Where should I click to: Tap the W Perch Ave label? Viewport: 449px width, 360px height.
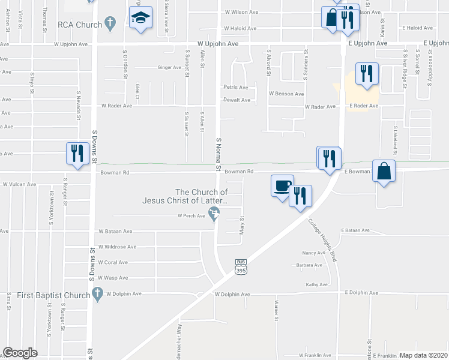191,215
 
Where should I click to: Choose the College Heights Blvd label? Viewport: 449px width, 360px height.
322,240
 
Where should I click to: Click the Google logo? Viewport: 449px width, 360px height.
20,353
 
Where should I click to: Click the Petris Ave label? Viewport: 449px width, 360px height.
236,87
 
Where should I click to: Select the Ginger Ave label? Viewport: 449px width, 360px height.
169,67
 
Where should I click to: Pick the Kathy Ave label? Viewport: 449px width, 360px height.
316,284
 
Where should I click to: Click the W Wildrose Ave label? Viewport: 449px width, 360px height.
117,247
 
